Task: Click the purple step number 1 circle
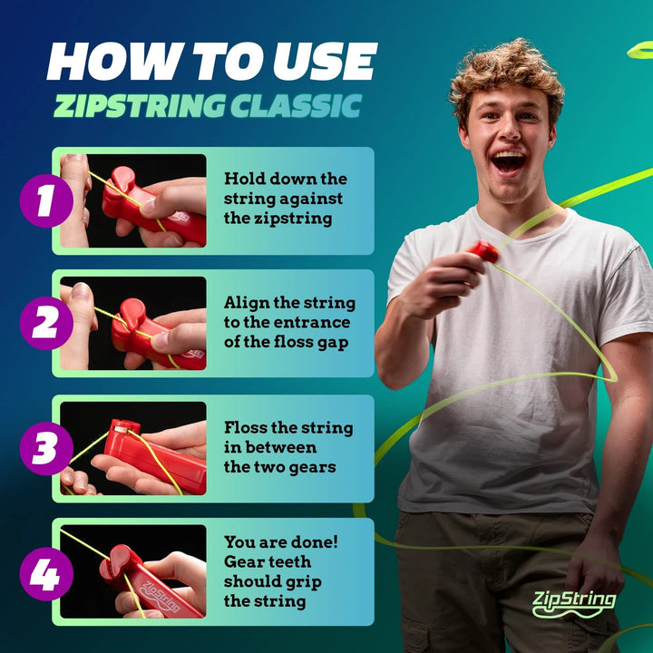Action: (45, 200)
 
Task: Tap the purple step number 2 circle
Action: (45, 324)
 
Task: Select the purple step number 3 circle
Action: (45, 449)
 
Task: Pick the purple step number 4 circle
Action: (45, 572)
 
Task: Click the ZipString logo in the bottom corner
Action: (573, 602)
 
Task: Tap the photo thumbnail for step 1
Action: (133, 200)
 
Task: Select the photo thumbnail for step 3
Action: (133, 449)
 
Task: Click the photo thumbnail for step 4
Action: (133, 572)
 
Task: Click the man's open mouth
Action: (509, 161)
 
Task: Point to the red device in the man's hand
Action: (484, 251)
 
